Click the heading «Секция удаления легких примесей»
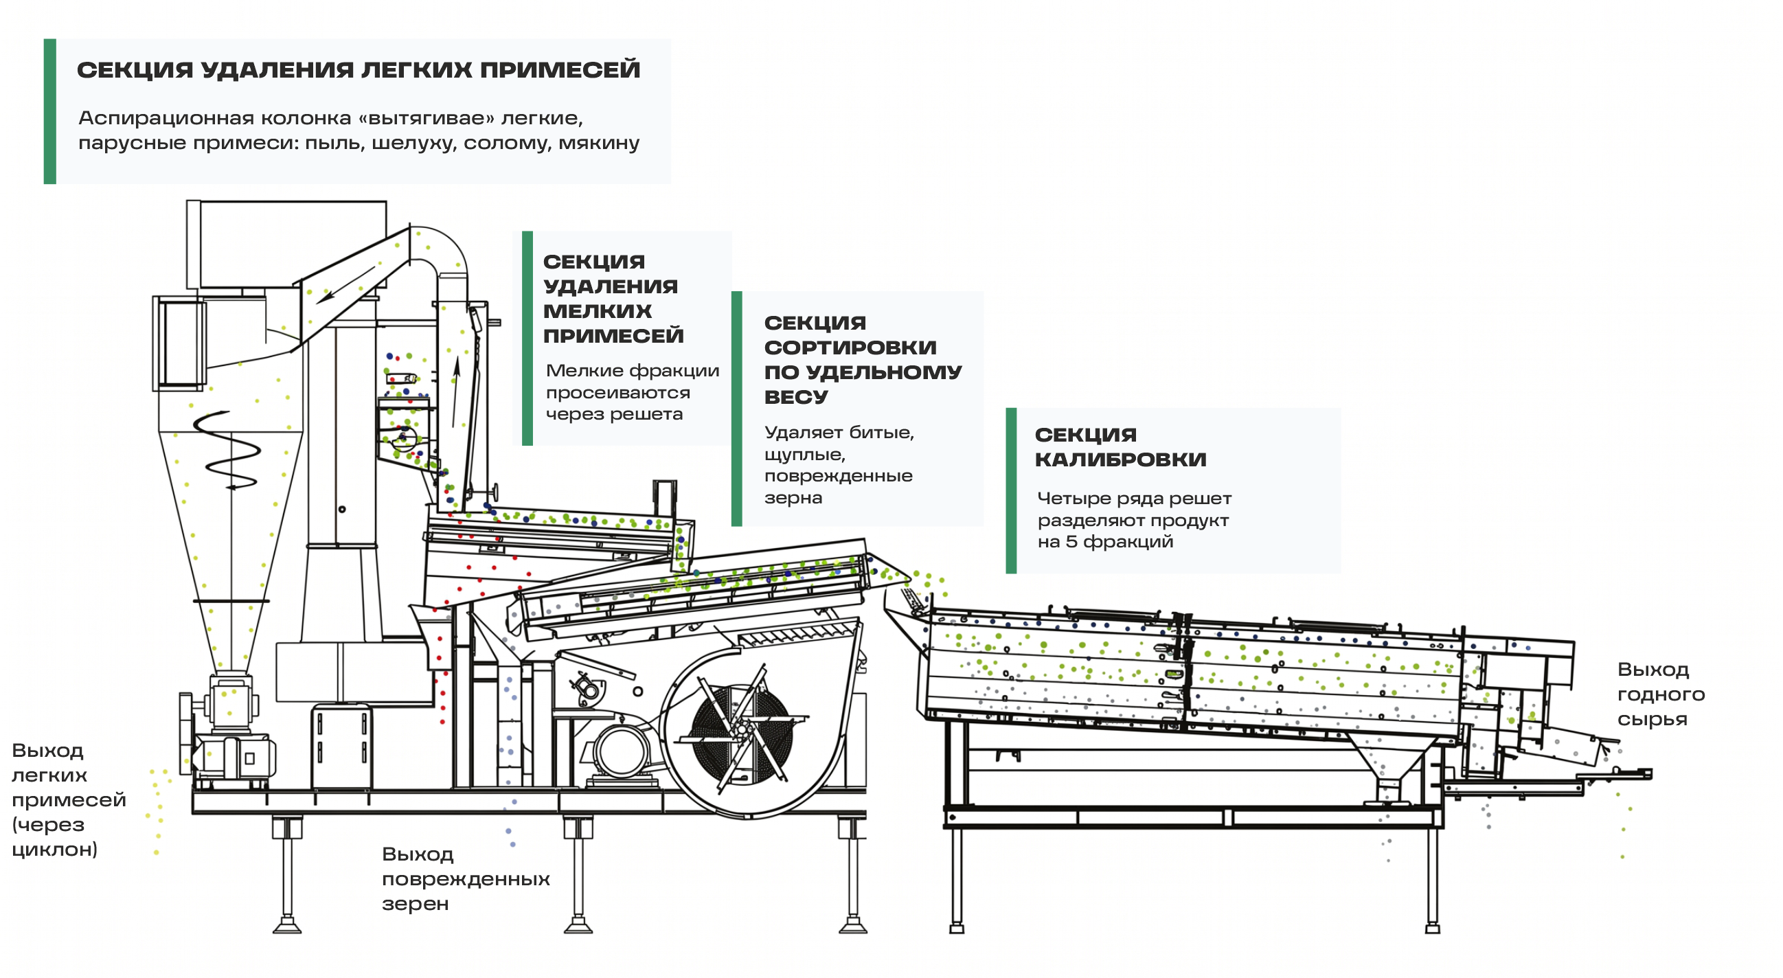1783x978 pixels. tap(359, 70)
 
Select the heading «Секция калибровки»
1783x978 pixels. tap(1120, 447)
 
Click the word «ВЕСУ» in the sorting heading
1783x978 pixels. tap(795, 397)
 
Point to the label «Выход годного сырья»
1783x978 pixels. tap(1661, 694)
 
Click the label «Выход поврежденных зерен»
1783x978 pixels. tap(466, 879)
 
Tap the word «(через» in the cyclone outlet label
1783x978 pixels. tap(48, 825)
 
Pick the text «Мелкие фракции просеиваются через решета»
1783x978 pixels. tap(633, 392)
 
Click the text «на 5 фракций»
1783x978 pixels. tap(1105, 542)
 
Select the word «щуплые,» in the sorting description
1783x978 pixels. tap(804, 455)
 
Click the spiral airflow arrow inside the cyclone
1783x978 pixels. tap(227, 451)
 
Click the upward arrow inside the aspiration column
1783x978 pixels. tap(455, 391)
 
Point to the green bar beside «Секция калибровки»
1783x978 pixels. tap(1011, 491)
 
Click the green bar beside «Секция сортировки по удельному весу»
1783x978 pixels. tap(736, 409)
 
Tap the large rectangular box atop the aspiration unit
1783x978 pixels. tap(286, 244)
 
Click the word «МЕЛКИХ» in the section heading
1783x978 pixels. tap(598, 312)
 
